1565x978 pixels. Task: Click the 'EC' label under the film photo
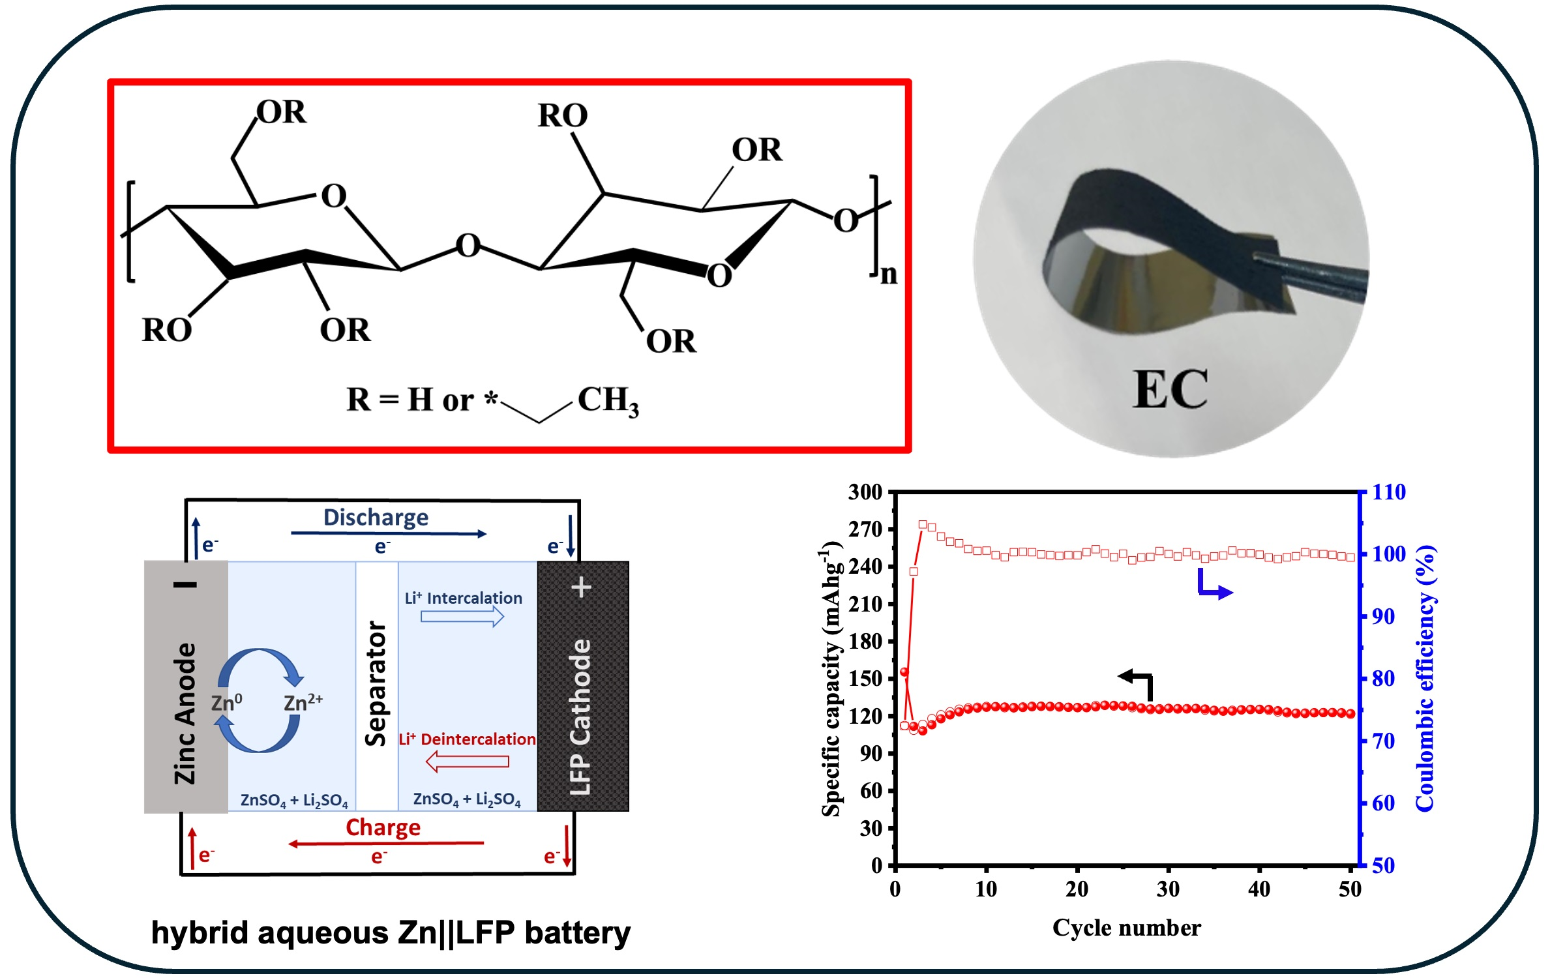(x=1170, y=389)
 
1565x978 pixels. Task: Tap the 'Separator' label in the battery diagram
(x=376, y=683)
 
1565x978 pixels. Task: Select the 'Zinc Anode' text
(x=185, y=713)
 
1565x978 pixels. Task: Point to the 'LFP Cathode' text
(x=580, y=717)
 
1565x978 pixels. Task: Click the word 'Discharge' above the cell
(x=376, y=518)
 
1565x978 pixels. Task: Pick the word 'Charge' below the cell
(x=383, y=827)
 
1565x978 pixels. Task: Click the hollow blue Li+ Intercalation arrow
(x=462, y=616)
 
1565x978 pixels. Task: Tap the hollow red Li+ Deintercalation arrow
(x=467, y=761)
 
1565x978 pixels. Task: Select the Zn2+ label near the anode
(x=303, y=702)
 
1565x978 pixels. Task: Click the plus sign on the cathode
(x=581, y=587)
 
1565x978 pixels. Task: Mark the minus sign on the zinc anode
(x=185, y=585)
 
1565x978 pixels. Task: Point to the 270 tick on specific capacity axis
(x=865, y=529)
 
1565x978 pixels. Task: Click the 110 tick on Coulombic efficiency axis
(x=1389, y=492)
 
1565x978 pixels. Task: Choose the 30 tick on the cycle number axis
(x=1168, y=889)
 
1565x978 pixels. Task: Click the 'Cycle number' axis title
(x=1126, y=928)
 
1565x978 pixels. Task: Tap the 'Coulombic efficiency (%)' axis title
(x=1425, y=678)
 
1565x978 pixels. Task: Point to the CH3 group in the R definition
(x=608, y=400)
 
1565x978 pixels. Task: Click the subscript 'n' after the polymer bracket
(x=889, y=274)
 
